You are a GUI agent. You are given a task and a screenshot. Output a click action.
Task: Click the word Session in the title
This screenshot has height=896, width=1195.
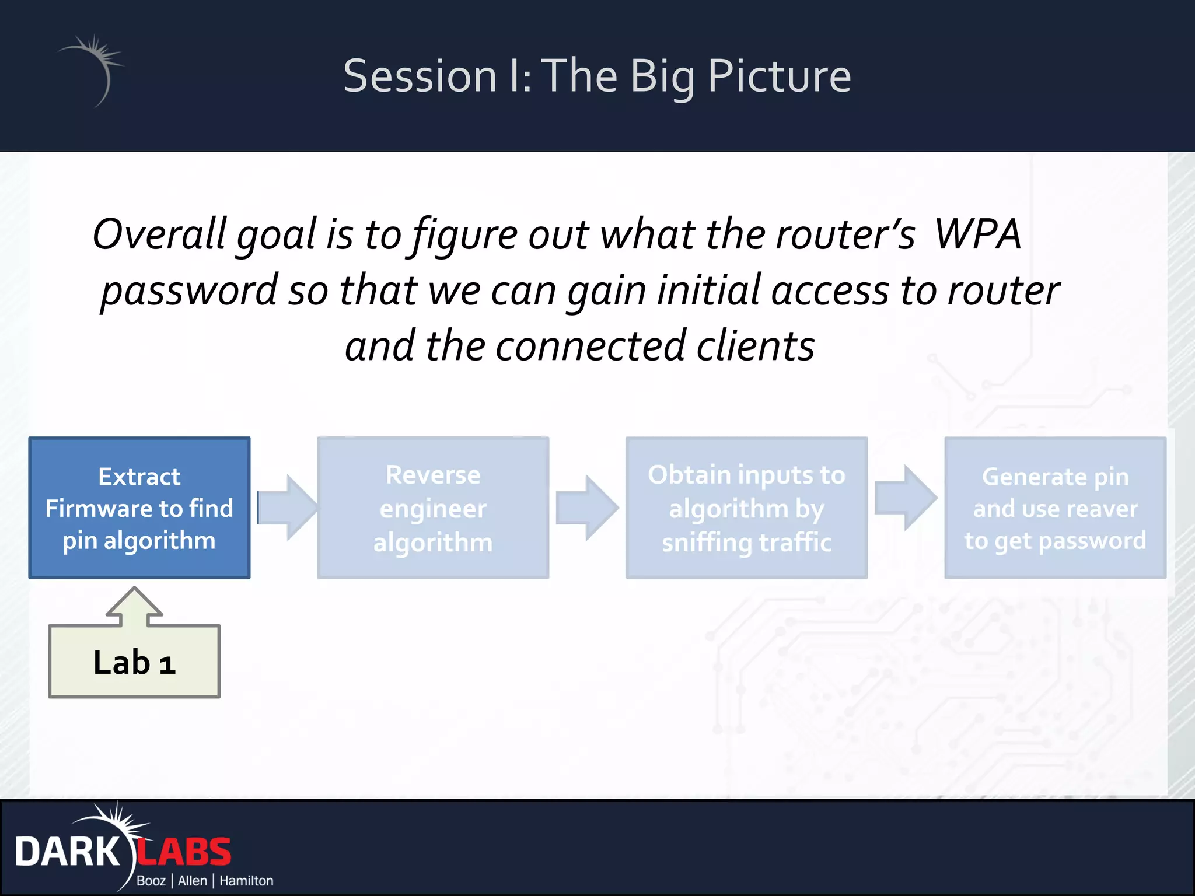tap(420, 76)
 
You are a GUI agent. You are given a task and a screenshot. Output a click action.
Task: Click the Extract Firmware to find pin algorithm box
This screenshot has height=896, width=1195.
tap(139, 508)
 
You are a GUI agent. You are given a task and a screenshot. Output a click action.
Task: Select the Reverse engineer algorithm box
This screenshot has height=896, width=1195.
tap(432, 508)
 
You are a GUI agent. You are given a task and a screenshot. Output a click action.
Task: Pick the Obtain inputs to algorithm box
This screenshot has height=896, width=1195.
tap(746, 508)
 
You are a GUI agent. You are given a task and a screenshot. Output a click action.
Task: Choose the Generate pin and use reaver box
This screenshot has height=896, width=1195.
tap(1055, 508)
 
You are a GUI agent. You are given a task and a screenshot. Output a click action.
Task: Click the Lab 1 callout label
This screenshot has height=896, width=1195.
tap(134, 663)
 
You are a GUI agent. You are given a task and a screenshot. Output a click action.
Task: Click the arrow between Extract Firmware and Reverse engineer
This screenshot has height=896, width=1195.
tap(287, 508)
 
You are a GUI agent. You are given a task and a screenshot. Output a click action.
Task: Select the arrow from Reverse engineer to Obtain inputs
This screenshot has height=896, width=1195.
tap(586, 508)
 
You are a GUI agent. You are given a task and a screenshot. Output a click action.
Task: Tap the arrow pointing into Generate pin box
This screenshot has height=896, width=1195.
tap(905, 498)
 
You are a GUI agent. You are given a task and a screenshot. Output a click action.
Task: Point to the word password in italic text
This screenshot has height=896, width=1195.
tap(189, 290)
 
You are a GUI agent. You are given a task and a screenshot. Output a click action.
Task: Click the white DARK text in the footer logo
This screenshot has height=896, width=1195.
tap(67, 852)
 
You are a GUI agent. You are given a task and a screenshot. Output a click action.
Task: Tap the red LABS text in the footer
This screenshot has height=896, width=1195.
tap(184, 852)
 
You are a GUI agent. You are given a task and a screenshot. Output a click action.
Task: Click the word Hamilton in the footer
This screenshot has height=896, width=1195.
tap(246, 881)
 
